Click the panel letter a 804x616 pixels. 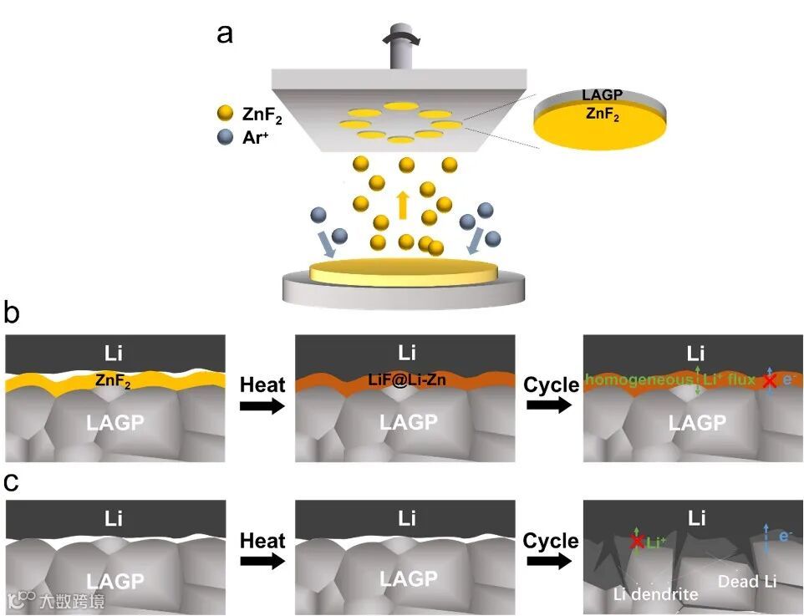tap(224, 33)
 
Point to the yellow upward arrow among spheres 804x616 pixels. tap(403, 205)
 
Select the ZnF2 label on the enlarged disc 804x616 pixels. tap(602, 115)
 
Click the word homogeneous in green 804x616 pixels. tap(638, 379)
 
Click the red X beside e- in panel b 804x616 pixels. tap(770, 380)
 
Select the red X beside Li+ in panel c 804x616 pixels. tap(636, 542)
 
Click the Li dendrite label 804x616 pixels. tap(654, 594)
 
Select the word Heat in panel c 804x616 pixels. tap(262, 541)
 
